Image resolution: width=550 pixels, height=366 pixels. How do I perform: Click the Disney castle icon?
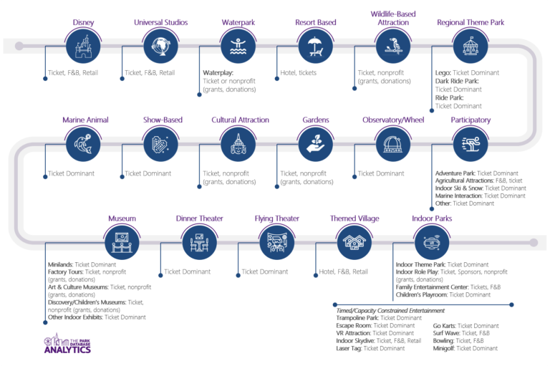(83, 47)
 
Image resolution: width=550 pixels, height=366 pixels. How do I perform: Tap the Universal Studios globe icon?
(160, 47)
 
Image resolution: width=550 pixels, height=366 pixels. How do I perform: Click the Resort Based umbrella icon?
(316, 47)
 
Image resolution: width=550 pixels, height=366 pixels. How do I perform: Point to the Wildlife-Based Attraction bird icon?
(394, 47)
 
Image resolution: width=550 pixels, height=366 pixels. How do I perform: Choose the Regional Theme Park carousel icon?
(471, 47)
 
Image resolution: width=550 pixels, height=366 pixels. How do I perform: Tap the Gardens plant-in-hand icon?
(316, 145)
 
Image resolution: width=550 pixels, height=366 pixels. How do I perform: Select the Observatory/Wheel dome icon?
(393, 145)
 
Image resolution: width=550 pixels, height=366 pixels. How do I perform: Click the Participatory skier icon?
(471, 145)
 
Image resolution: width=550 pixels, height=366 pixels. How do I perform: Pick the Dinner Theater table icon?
(199, 241)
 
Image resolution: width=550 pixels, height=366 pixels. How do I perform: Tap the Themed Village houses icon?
(354, 241)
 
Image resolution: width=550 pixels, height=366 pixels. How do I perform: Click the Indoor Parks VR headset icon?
(432, 241)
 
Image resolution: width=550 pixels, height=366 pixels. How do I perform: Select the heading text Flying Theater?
(276, 218)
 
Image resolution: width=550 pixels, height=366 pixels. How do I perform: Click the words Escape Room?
(354, 325)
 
